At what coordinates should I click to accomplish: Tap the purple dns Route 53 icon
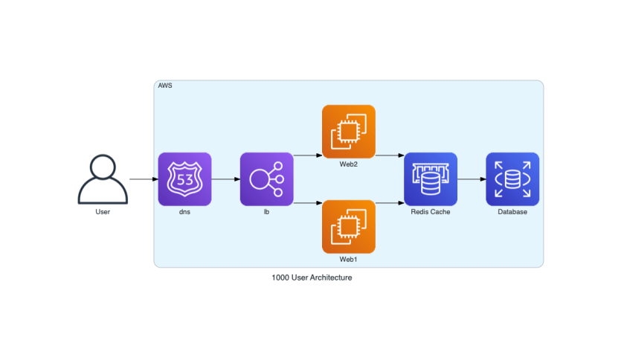tap(184, 179)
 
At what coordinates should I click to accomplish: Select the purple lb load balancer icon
tap(266, 179)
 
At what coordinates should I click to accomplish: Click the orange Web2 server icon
tap(348, 132)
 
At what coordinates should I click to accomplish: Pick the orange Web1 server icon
tap(348, 227)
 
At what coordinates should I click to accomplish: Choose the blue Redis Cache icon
tap(431, 179)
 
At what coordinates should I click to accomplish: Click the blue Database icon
tap(512, 179)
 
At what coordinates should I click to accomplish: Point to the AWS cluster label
tap(164, 86)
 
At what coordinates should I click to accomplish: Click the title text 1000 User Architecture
tap(312, 277)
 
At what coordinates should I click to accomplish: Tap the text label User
tap(103, 212)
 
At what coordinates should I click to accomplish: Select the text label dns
tap(184, 212)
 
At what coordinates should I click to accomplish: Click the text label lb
tap(266, 212)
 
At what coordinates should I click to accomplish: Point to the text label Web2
tap(348, 164)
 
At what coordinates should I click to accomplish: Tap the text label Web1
tap(348, 260)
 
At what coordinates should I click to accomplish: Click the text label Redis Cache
tap(431, 212)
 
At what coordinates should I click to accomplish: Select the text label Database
tap(512, 212)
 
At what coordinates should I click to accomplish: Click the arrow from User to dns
tap(143, 179)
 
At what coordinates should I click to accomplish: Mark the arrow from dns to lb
tap(225, 179)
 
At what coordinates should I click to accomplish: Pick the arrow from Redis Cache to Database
tap(472, 179)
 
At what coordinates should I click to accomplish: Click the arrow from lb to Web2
tap(307, 156)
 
